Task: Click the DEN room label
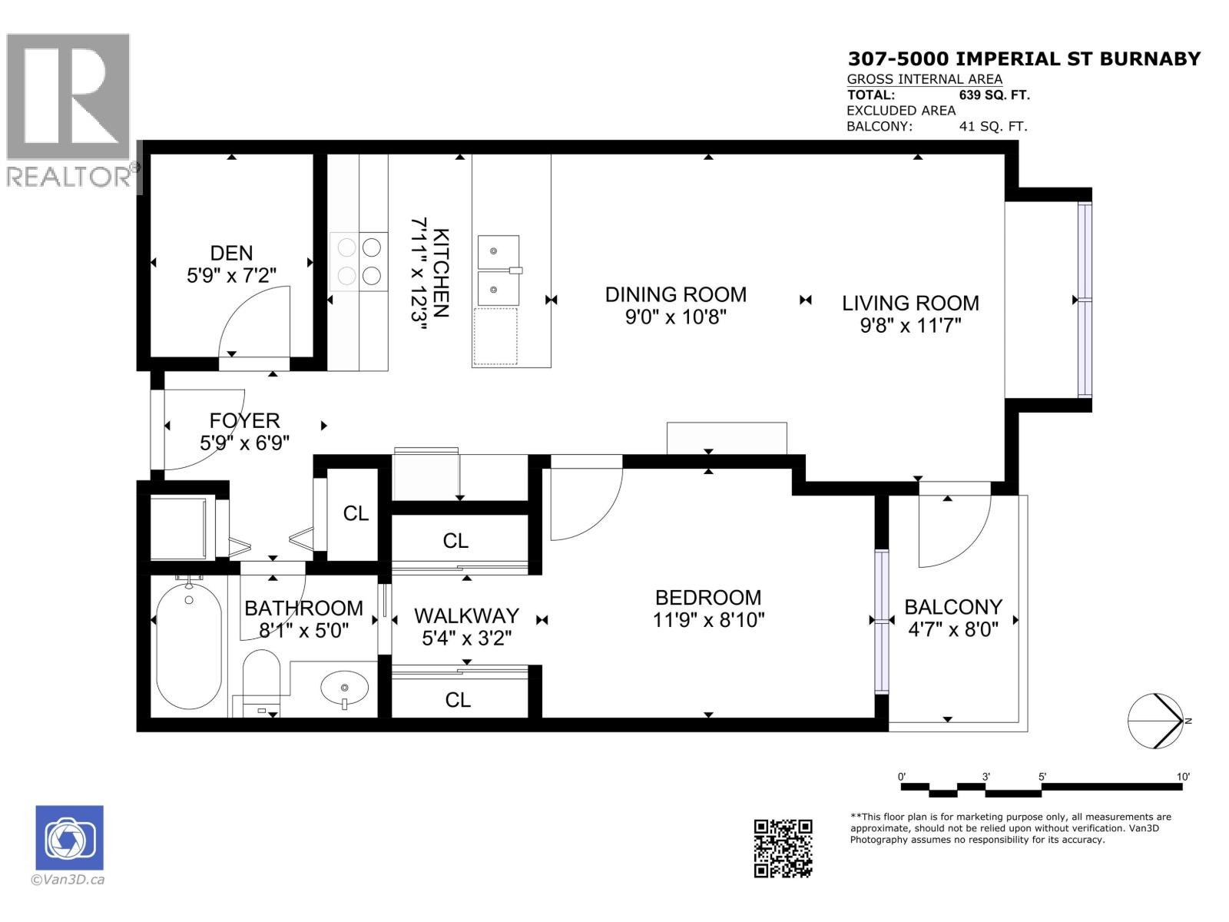point(231,253)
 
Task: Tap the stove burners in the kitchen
point(359,261)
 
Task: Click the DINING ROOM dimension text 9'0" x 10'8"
point(675,317)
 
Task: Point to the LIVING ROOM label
point(910,303)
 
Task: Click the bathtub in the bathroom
point(189,646)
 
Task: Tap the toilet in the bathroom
point(262,677)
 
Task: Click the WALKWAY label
point(466,615)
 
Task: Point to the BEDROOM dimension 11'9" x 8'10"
point(708,619)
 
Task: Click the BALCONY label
point(952,607)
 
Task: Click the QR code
point(783,848)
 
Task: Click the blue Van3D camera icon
point(69,837)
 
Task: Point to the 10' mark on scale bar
point(1183,777)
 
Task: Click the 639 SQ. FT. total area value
point(994,95)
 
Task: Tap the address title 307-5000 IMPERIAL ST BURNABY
point(1023,59)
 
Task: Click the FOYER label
point(244,420)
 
